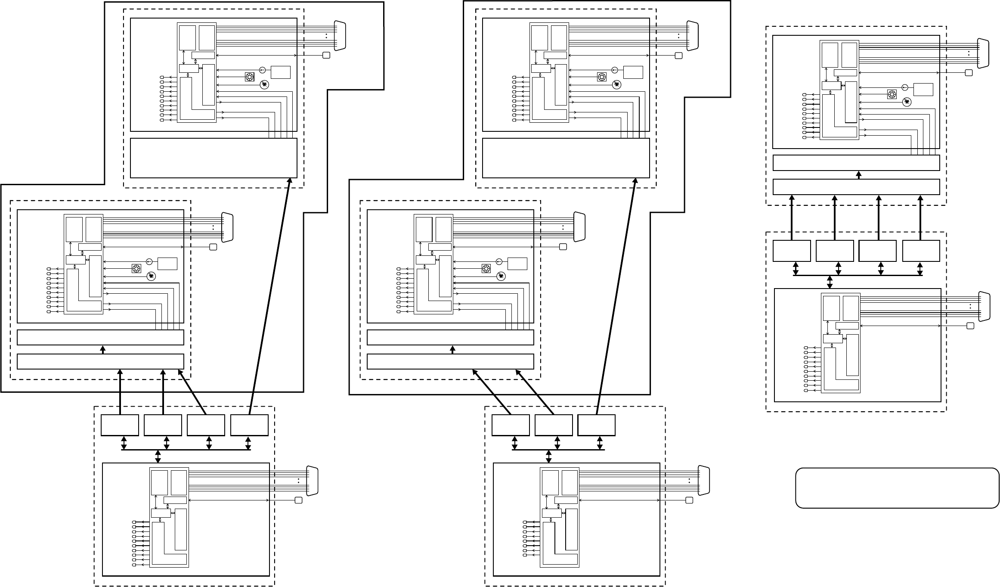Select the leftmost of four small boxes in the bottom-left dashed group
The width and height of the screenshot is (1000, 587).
(120, 425)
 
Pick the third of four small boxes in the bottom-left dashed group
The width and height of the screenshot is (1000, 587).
(206, 425)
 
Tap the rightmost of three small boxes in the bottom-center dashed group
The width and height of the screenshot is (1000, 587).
(596, 425)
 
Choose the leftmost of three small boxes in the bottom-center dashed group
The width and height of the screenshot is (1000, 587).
(511, 425)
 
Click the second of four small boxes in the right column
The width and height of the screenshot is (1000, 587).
(834, 251)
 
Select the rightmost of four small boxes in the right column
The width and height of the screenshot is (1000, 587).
(921, 251)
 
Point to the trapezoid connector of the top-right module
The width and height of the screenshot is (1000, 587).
(983, 53)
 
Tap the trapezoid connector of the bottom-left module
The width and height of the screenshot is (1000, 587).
(312, 480)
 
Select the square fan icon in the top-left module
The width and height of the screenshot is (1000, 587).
(249, 77)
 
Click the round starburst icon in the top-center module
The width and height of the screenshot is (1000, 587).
(617, 85)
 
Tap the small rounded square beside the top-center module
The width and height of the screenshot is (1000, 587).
(679, 55)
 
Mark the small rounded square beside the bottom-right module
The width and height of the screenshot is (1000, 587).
(970, 326)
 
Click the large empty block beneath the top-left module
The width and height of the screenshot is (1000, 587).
(214, 158)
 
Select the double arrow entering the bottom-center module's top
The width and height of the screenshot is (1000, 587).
(549, 456)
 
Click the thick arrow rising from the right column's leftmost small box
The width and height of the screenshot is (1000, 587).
(792, 217)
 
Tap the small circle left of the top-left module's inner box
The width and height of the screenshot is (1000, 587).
(262, 70)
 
